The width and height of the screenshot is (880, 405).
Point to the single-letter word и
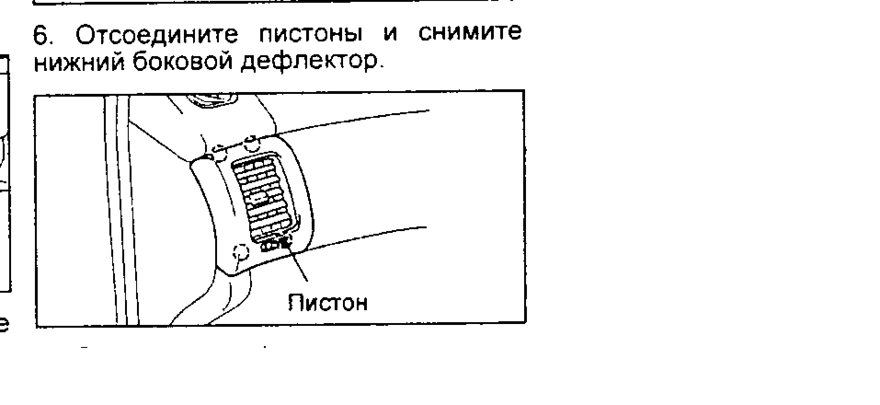click(x=390, y=35)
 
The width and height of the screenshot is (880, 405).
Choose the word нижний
click(x=79, y=62)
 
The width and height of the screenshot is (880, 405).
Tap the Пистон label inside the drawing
click(x=328, y=303)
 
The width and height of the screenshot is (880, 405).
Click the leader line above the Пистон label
click(x=298, y=265)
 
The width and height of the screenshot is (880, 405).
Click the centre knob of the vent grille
click(x=261, y=198)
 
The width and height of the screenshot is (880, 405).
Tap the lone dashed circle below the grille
click(x=241, y=252)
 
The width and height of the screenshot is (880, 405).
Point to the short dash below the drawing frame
click(x=84, y=347)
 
